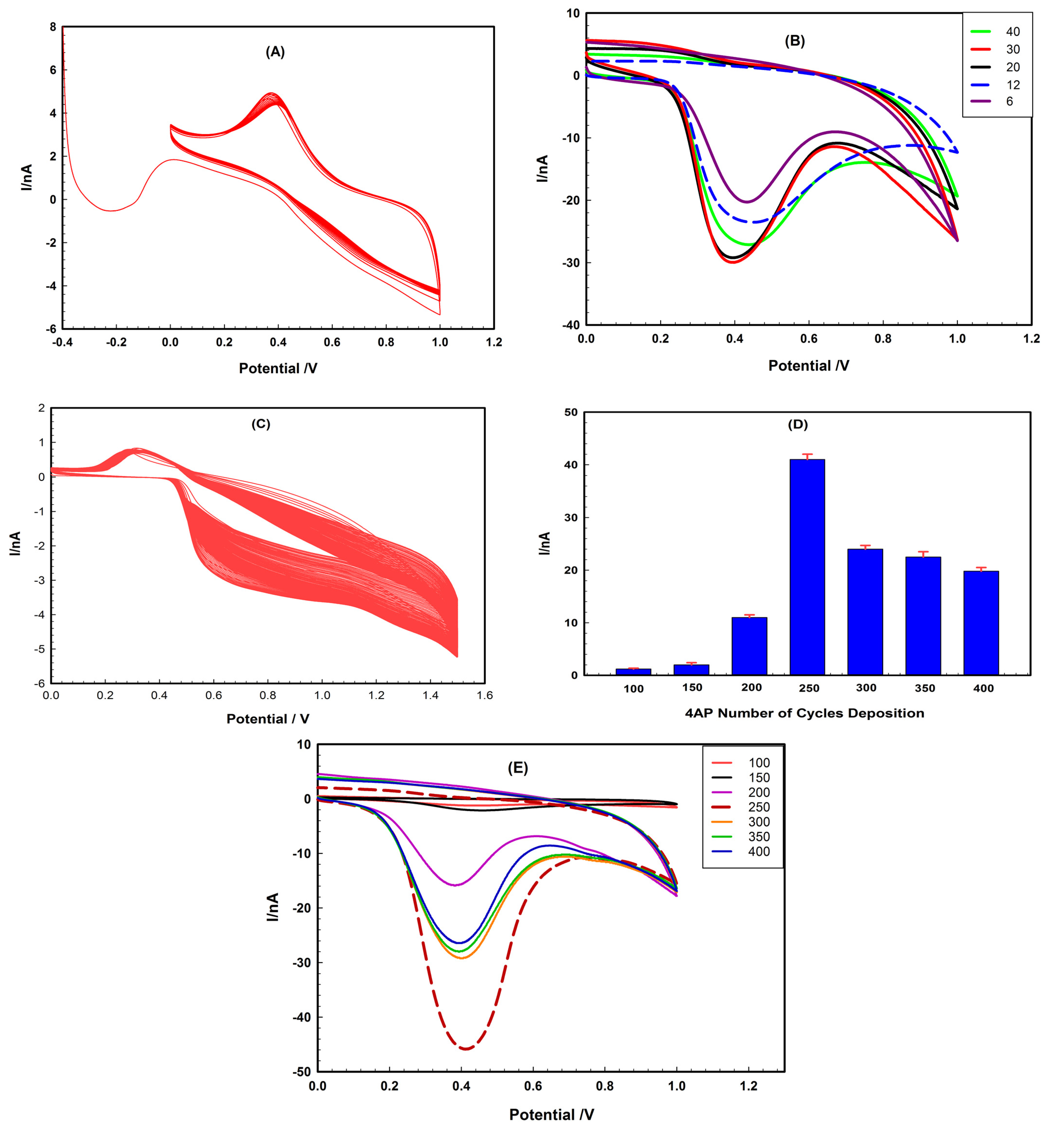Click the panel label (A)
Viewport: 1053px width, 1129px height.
(x=275, y=52)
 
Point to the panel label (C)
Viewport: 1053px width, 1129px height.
(x=261, y=424)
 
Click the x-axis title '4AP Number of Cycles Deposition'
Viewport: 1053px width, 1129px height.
(x=804, y=713)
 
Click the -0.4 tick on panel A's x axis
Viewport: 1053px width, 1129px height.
(x=62, y=342)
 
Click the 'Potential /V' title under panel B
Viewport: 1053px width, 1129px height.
(x=808, y=366)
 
